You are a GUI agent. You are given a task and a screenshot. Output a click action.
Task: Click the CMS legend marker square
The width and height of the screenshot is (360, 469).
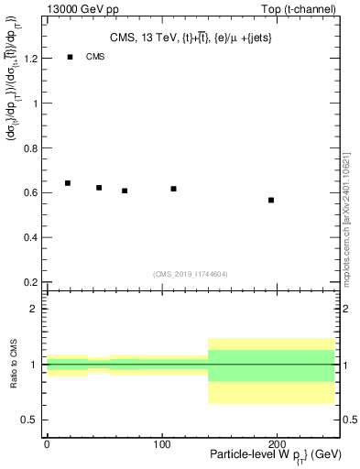(70, 57)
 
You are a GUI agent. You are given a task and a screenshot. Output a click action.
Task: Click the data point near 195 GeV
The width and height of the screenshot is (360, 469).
(271, 200)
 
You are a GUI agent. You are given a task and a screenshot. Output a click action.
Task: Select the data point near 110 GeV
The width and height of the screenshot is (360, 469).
(173, 189)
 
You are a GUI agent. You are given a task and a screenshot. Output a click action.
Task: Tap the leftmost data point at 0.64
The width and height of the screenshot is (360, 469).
(68, 183)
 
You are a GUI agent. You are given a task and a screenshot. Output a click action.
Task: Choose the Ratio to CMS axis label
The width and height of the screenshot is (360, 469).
(14, 364)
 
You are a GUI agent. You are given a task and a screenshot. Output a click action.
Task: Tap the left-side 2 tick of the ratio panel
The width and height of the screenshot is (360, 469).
(38, 309)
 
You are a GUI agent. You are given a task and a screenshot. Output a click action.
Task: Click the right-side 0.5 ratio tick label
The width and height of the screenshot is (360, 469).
(348, 420)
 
